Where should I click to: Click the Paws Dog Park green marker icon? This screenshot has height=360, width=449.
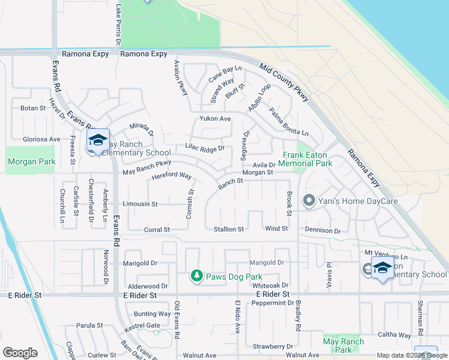pos(196,276)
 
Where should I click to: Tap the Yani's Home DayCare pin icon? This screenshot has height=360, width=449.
pos(309,200)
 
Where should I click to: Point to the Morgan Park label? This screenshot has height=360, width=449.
pos(31,161)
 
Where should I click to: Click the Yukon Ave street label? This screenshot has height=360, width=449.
pos(215,119)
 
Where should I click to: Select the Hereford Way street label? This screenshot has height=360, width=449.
pos(171,176)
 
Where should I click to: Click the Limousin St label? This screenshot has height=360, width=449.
pos(140,204)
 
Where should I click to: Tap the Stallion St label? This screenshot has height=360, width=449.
pos(229,229)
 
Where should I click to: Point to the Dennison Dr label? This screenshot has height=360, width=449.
pos(322,230)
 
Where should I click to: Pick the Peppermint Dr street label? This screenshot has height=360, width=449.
pos(273,303)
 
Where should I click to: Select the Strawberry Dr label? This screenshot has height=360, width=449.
pos(273,346)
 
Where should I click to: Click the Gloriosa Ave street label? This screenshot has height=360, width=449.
pos(41,139)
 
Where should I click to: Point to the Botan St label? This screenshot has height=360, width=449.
pos(33,109)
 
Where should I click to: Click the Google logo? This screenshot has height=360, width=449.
pos(20,353)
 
